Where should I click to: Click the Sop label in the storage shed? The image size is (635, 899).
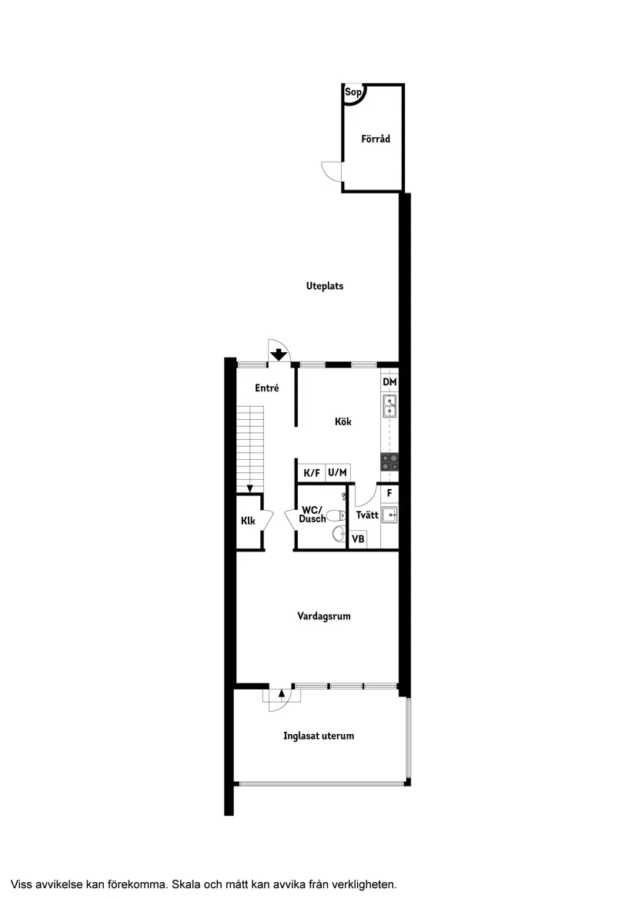[x=353, y=93]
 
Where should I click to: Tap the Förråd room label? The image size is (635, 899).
[x=376, y=139]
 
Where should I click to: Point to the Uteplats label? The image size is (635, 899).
[x=325, y=286]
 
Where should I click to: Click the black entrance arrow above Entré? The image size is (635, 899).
[x=279, y=355]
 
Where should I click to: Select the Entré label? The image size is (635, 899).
[x=266, y=389]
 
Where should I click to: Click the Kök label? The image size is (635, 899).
[x=343, y=422]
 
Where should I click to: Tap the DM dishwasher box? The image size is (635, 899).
[x=389, y=382]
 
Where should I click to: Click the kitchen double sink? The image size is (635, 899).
[x=389, y=405]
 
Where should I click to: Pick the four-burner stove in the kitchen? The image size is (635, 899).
[x=389, y=461]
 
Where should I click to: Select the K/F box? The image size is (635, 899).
[x=312, y=473]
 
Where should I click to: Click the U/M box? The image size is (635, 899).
[x=337, y=473]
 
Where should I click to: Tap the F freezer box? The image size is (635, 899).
[x=389, y=492]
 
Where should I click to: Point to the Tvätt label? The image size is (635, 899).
[x=367, y=515]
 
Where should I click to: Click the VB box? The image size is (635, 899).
[x=358, y=539]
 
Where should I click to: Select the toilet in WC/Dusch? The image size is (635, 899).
[x=336, y=515]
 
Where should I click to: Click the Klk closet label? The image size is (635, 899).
[x=248, y=522]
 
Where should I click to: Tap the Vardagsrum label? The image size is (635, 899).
[x=324, y=616]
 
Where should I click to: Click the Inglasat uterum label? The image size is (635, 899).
[x=319, y=736]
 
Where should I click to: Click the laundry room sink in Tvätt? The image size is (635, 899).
[x=389, y=514]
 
